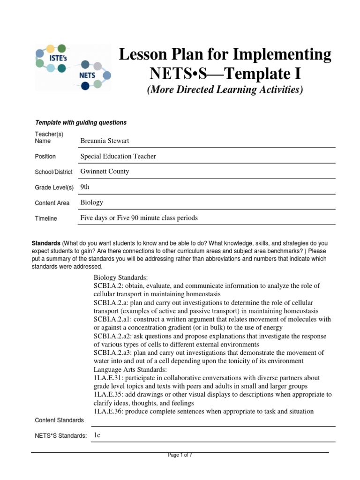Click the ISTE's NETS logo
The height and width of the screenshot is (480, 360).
[x=73, y=67]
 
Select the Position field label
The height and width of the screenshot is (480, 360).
[x=45, y=157]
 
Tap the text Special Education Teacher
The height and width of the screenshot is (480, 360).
[x=118, y=156]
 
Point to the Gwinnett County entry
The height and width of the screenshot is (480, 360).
[x=105, y=172]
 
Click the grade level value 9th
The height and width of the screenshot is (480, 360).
[x=85, y=187]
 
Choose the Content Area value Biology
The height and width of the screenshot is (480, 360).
[x=92, y=202]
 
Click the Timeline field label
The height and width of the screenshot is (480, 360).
[x=46, y=218]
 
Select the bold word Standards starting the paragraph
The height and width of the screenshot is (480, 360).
[x=46, y=244]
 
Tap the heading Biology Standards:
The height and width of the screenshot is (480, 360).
[x=121, y=277]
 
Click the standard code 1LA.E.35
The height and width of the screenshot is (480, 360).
[x=108, y=395]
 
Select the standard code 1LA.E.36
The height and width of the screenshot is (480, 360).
[x=108, y=412]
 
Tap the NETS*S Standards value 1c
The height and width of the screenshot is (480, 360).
[x=97, y=435]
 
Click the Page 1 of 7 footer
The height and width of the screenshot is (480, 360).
[x=180, y=455]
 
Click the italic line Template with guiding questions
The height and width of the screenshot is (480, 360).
[x=81, y=123]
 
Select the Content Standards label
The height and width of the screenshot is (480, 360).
[x=60, y=420]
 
